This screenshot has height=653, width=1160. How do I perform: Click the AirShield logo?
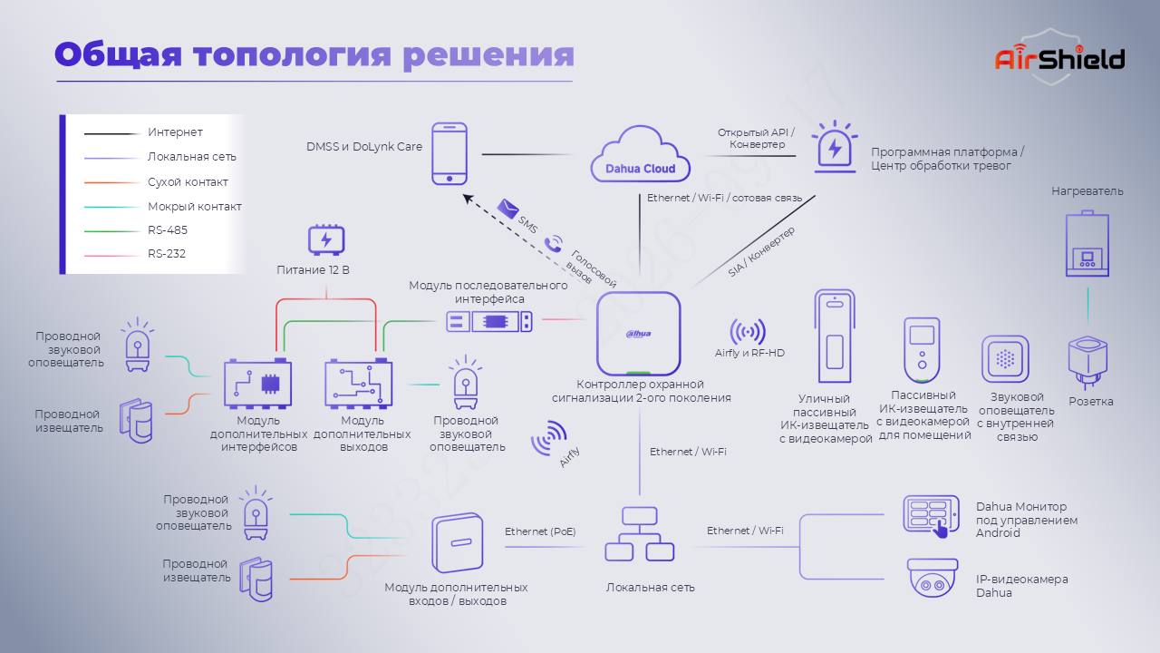tap(1059, 57)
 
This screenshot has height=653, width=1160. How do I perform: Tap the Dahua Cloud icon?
tap(640, 154)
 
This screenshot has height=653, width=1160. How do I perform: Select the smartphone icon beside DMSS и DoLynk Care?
tap(449, 154)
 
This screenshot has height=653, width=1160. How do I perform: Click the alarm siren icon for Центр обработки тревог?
tap(835, 147)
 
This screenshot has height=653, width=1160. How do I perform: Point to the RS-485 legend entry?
tap(136, 230)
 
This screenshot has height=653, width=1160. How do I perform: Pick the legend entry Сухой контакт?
tap(156, 182)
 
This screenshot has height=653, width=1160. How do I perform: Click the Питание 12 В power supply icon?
tap(326, 240)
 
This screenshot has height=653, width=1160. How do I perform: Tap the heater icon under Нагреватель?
tap(1087, 243)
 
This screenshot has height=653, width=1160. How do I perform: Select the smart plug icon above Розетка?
tap(1087, 362)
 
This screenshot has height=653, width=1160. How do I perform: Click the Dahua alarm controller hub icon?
tap(639, 333)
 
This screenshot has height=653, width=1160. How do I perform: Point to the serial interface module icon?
tap(489, 321)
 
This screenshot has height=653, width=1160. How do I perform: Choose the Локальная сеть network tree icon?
tap(640, 534)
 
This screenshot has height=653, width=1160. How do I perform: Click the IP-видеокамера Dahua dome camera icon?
tap(933, 578)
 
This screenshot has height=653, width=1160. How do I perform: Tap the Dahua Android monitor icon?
tap(931, 516)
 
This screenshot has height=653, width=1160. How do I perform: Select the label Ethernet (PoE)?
tap(540, 531)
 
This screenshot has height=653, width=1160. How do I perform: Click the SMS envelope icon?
tap(507, 209)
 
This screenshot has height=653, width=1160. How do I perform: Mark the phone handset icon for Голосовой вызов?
tap(554, 244)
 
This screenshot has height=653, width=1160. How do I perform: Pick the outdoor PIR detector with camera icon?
tap(835, 336)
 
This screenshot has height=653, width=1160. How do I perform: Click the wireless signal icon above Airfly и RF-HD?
tap(748, 332)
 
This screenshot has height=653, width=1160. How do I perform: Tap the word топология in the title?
tap(292, 55)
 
